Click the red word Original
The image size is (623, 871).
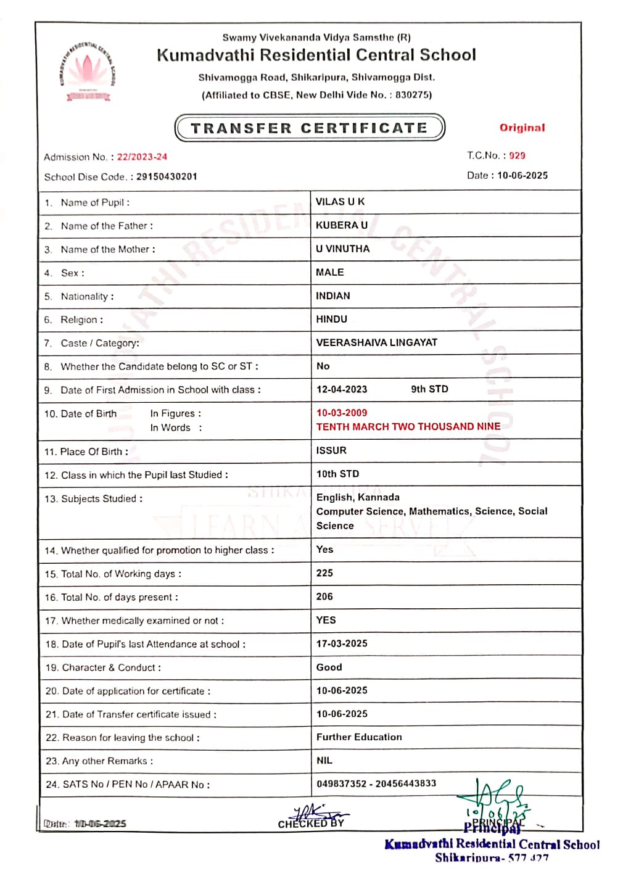(x=522, y=128)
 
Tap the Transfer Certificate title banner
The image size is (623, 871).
(x=310, y=128)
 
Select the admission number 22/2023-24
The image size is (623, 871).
(x=142, y=157)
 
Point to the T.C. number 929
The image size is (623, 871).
(x=517, y=155)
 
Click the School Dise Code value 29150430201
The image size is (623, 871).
(x=167, y=176)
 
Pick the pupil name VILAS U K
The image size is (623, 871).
(x=340, y=202)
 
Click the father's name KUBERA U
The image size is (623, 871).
(x=341, y=225)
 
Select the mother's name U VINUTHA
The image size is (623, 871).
(x=342, y=249)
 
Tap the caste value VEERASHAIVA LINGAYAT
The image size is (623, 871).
(x=376, y=342)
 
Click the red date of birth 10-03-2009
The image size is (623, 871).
(x=341, y=413)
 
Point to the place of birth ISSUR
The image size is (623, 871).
(x=331, y=450)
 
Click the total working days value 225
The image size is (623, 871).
(x=324, y=573)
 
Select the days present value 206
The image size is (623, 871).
(x=324, y=596)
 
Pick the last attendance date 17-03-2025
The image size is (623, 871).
(x=342, y=643)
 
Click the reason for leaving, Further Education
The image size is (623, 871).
(x=359, y=737)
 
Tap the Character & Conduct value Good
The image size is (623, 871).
(x=329, y=667)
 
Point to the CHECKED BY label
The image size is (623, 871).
(x=311, y=824)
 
